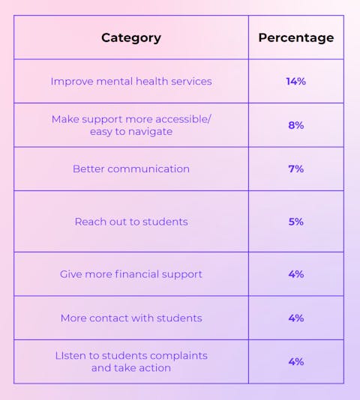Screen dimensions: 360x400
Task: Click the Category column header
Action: tap(131, 38)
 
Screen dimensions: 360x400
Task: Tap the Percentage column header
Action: tap(296, 37)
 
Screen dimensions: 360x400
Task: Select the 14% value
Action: tap(296, 82)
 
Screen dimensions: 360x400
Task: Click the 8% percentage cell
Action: tap(296, 125)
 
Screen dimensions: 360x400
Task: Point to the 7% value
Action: tap(296, 169)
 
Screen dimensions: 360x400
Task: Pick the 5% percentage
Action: tap(296, 222)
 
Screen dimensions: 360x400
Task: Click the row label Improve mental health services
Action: tap(131, 82)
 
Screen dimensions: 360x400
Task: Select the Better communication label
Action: tap(131, 169)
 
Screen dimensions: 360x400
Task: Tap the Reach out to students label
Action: tap(131, 222)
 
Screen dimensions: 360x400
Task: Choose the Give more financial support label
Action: tap(131, 274)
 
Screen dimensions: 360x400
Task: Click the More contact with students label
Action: tap(131, 318)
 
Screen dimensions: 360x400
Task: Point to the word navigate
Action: tap(150, 132)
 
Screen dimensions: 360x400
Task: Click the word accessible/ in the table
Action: tap(183, 119)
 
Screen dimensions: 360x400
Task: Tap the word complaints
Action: tap(178, 356)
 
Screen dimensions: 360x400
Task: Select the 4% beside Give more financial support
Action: tap(296, 274)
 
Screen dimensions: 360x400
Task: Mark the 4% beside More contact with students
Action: tap(296, 318)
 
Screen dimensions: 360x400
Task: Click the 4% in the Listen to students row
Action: tap(296, 362)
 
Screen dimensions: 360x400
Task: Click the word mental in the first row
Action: tap(115, 82)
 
